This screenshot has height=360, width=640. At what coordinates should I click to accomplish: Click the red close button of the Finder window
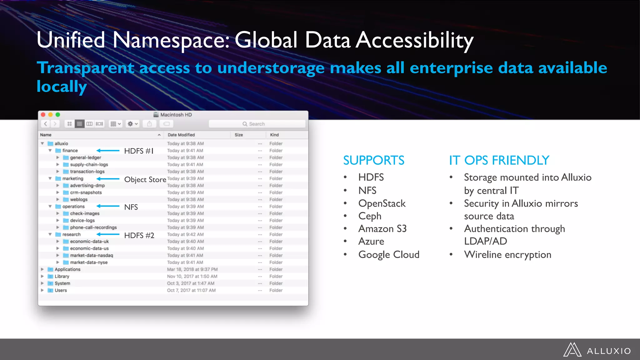(x=43, y=115)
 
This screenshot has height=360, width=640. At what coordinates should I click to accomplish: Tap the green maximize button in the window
(x=58, y=115)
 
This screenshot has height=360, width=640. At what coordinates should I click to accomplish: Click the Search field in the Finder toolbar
(x=257, y=124)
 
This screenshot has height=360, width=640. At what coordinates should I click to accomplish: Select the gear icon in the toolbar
(x=130, y=124)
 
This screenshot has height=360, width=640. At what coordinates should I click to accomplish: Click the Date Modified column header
(x=181, y=135)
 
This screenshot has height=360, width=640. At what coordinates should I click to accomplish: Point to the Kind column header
(x=274, y=135)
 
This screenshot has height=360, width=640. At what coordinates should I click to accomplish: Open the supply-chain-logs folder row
(x=89, y=165)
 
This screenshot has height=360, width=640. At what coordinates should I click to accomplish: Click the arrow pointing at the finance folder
(x=108, y=151)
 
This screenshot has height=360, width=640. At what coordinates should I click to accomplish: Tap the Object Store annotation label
(x=145, y=180)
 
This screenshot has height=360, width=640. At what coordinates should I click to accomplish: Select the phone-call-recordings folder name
(x=93, y=227)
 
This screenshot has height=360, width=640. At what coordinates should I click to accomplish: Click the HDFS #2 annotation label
(x=139, y=235)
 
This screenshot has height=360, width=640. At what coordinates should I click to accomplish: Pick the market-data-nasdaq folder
(x=92, y=255)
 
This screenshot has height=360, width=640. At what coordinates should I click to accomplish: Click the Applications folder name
(x=67, y=269)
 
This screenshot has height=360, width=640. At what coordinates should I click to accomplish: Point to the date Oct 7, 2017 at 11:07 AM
(x=191, y=290)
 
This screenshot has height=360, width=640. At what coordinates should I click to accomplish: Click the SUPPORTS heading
(x=374, y=160)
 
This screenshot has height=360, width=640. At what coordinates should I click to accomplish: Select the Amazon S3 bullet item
(x=382, y=229)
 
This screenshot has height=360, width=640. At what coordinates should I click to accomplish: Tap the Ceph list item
(x=370, y=216)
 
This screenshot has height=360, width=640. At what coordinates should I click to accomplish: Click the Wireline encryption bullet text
(x=507, y=255)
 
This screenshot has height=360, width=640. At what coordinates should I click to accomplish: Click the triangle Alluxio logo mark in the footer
(x=572, y=350)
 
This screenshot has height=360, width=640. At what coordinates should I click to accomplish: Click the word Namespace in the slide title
(x=171, y=41)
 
